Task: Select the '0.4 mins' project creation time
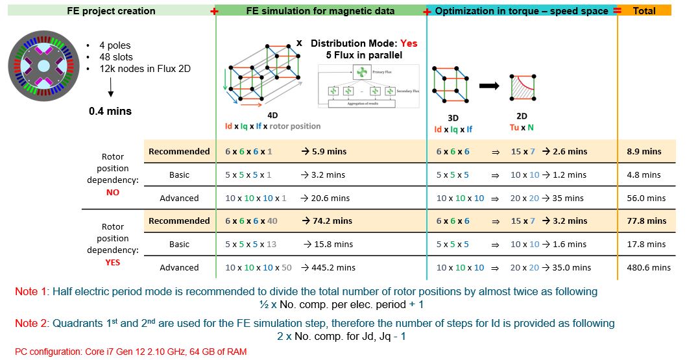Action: (110, 111)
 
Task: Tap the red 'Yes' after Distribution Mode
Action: (409, 43)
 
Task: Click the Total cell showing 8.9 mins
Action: (644, 151)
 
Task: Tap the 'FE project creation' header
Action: (112, 11)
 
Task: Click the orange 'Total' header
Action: (644, 11)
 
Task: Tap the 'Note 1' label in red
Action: (30, 292)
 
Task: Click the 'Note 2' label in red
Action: (30, 323)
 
